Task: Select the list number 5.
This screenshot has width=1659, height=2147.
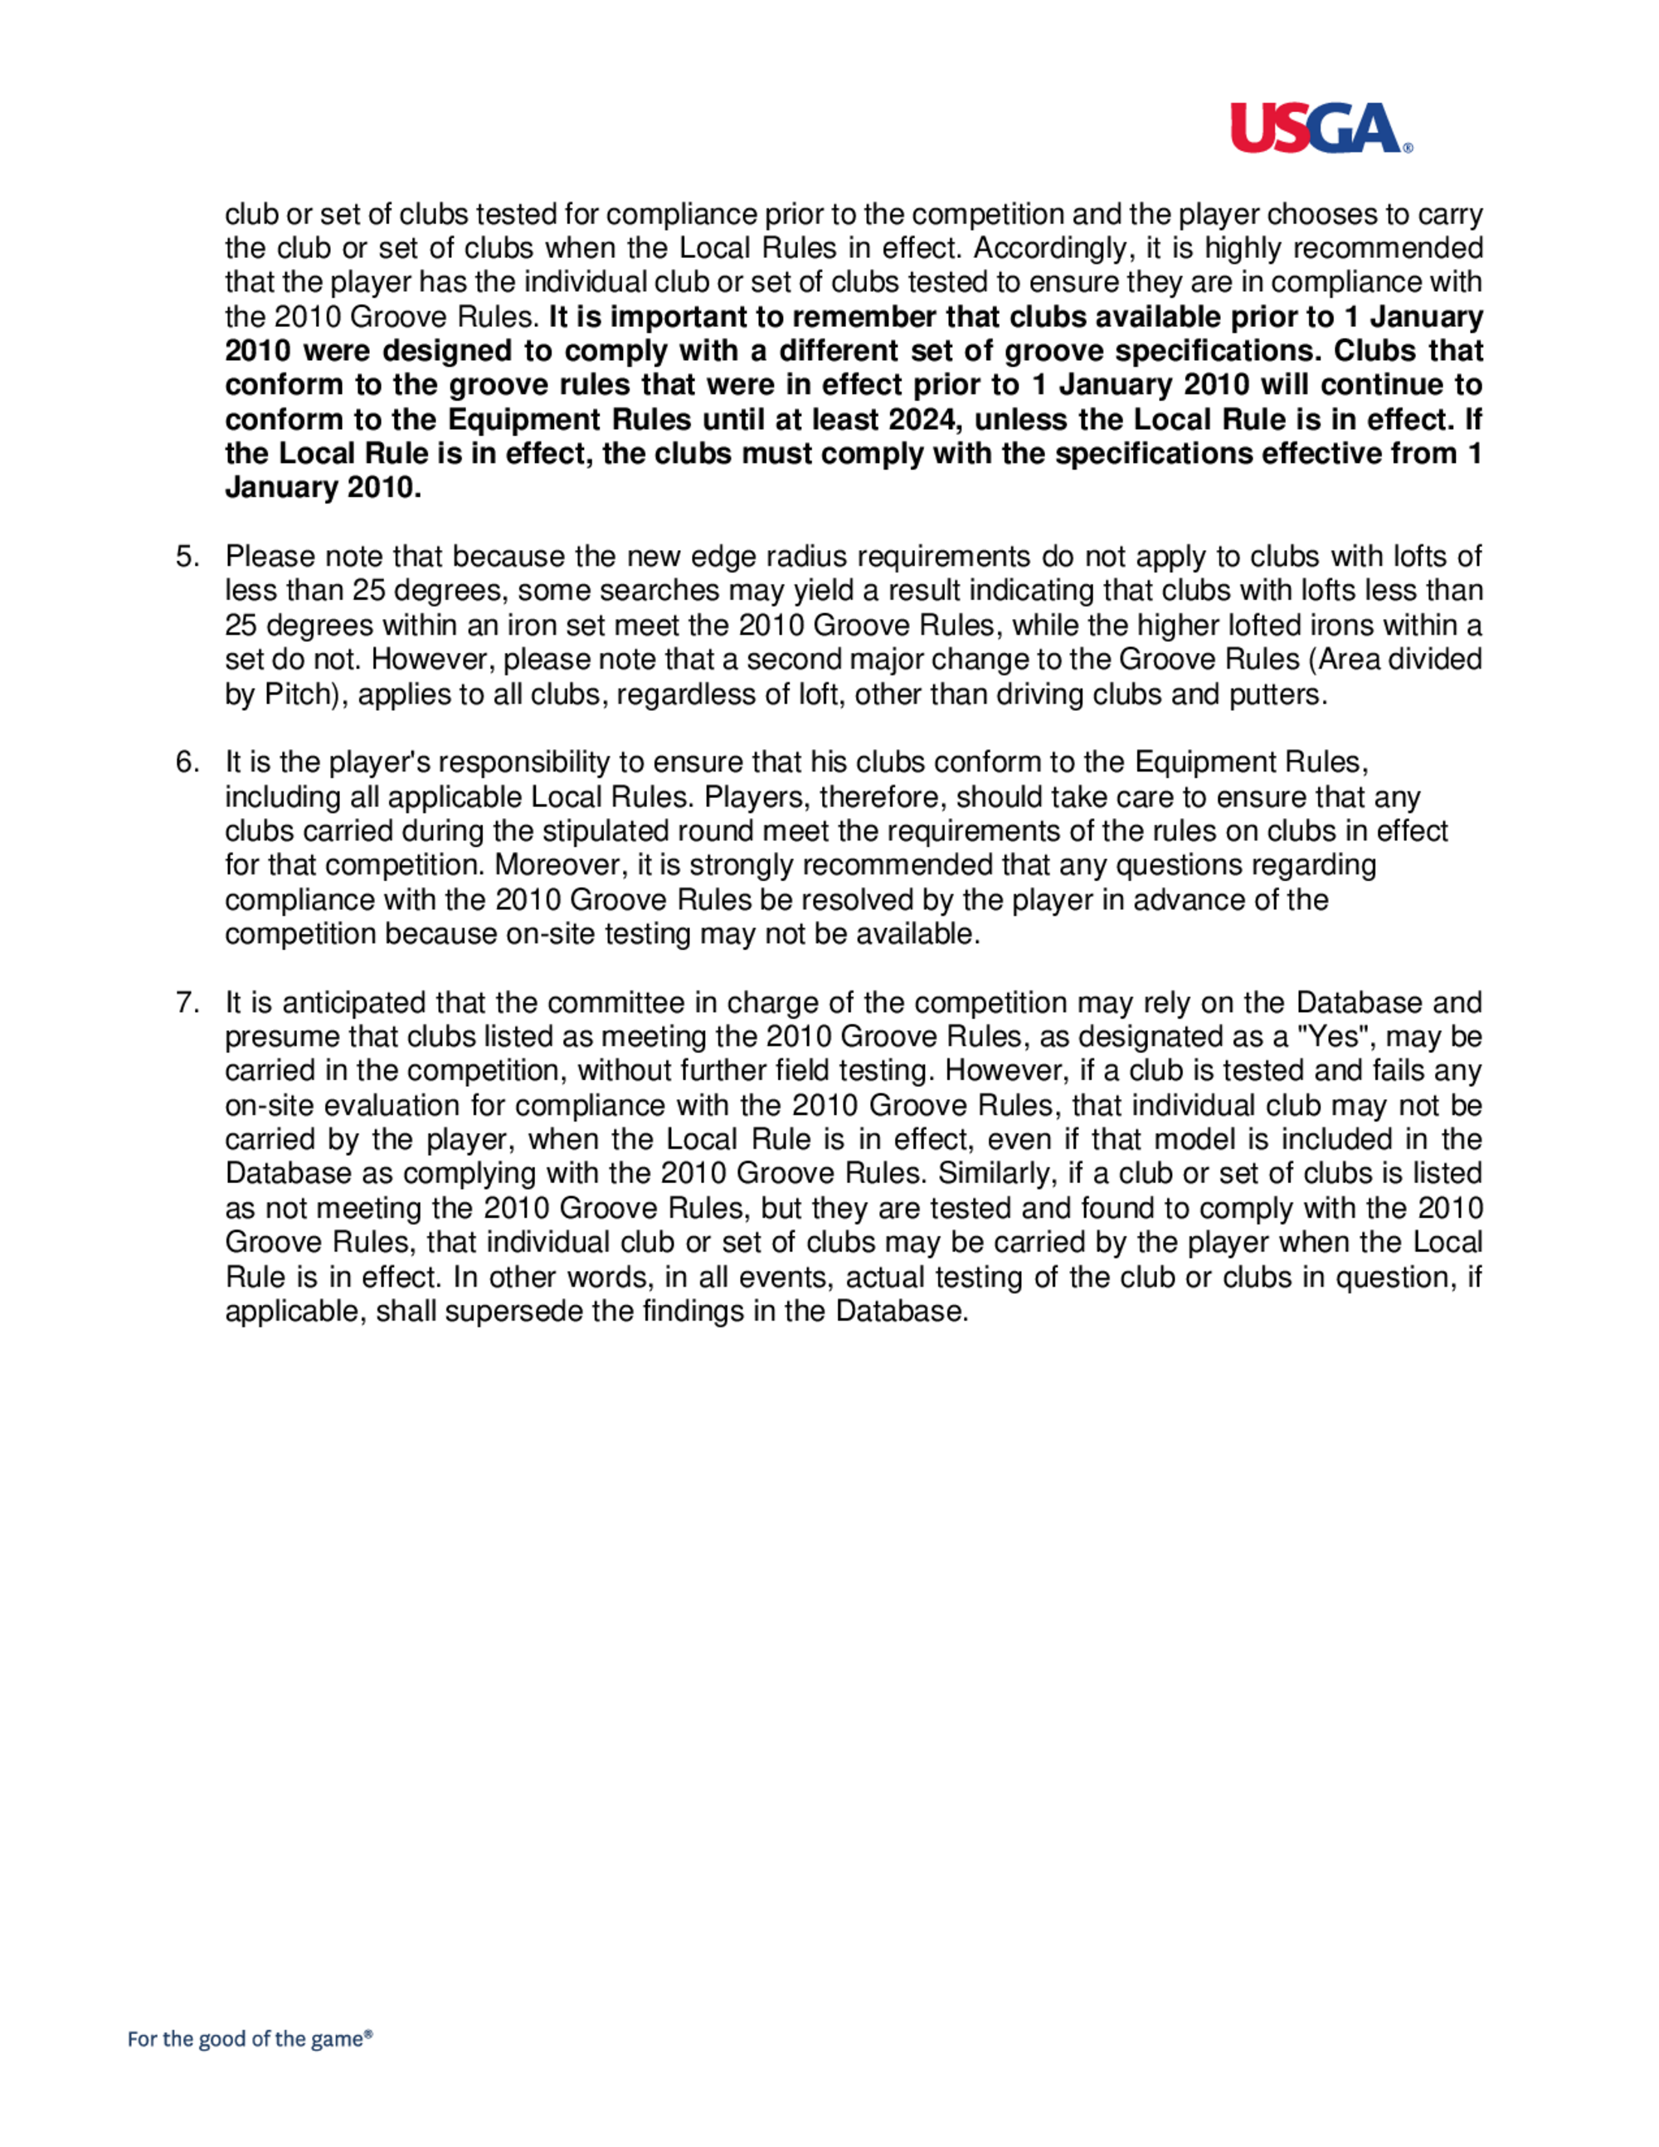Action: point(187,557)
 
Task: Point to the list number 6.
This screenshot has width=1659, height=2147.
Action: point(187,762)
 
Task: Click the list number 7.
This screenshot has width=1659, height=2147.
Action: point(187,1003)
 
